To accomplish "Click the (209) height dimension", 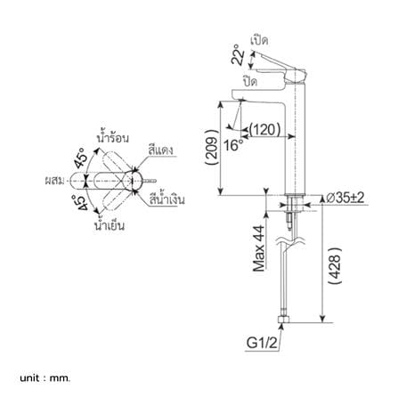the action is pos(213,148).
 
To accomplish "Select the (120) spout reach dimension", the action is pos(264,129).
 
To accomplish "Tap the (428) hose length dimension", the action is pos(336,266).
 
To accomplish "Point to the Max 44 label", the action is pos(258,248).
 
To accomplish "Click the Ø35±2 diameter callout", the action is pos(345,198).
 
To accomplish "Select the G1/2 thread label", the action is pos(262,343).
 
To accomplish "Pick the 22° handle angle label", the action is pos(238,55).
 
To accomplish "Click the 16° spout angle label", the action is pos(233,145).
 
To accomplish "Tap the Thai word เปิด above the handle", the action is pos(259,40).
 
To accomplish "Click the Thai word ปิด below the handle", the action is pos(250,81).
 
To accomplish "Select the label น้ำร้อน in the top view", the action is pos(113,137).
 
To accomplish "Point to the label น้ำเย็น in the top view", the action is pos(110,224).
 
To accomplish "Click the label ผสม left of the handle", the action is pos(54,180).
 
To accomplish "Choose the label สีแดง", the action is pos(160,150).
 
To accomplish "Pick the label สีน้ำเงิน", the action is pos(167,199).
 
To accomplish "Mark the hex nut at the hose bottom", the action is pos(284,320).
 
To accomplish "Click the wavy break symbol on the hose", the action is pos(290,241).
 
